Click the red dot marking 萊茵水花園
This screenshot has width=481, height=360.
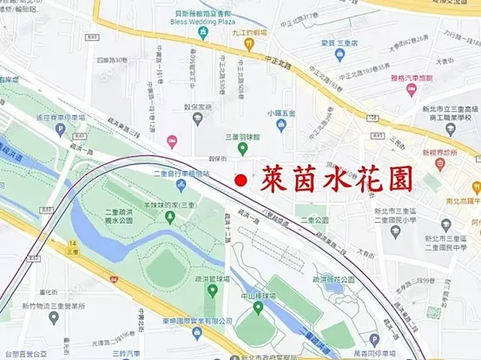tap(240, 180)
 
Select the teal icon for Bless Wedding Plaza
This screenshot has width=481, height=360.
tap(202, 32)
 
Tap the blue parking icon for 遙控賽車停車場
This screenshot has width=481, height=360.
tap(58, 129)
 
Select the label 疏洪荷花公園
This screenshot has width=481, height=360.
tap(335, 279)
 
